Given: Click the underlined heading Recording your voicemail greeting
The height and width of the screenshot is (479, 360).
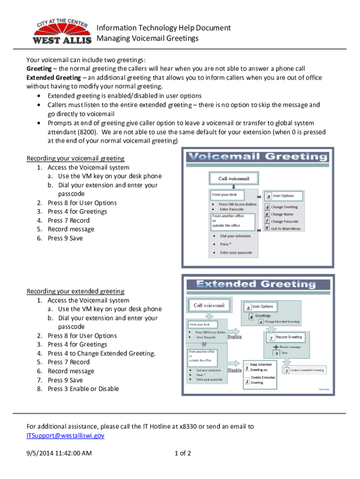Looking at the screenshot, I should tap(75, 159).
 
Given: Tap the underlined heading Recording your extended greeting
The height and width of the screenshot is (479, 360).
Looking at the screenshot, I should tap(75, 291).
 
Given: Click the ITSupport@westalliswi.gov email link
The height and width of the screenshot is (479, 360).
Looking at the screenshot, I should tap(65, 435).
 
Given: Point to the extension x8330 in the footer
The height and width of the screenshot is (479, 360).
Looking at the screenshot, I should tap(192, 427).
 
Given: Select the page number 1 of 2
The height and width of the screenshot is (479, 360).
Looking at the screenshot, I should tap(182, 453).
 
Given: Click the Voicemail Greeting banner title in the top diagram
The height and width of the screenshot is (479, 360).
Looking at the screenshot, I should tap(257, 157).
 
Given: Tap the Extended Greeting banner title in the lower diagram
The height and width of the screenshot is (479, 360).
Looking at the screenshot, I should tap(256, 284).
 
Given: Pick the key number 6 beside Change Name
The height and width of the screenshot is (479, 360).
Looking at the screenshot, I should tap(266, 214).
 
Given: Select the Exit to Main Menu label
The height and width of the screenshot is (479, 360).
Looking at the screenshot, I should tap(286, 229).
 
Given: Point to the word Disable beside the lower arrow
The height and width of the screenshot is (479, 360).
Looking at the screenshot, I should tap(234, 370).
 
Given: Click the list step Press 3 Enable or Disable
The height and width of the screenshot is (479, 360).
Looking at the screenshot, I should tap(83, 389).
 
